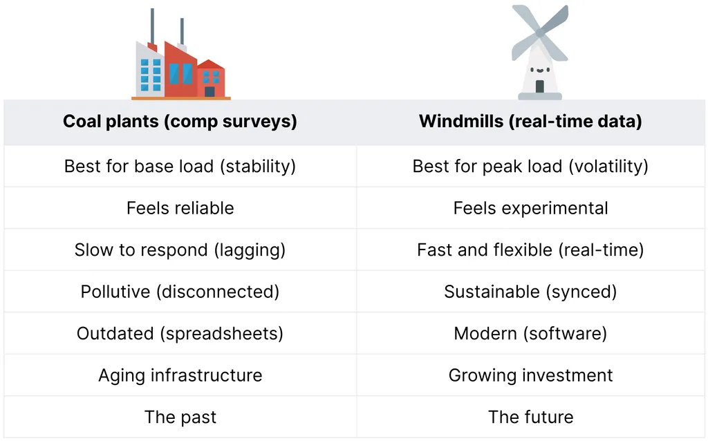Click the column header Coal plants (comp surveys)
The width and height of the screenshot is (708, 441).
tap(180, 122)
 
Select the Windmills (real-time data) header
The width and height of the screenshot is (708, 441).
tap(530, 122)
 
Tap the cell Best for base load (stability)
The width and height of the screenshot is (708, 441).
tap(180, 167)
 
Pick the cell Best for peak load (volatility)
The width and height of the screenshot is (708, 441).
tap(530, 167)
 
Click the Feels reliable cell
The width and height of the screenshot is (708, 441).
tap(180, 208)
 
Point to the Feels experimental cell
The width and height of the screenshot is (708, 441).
tap(530, 209)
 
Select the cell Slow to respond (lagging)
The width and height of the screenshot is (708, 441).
tap(180, 250)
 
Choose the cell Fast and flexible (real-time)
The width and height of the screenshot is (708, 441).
tap(530, 250)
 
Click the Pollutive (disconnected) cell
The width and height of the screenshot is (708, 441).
tap(180, 292)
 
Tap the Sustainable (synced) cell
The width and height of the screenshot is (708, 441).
tap(530, 292)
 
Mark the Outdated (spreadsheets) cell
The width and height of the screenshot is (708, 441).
tap(180, 334)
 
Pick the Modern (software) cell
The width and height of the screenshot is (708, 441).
tap(530, 334)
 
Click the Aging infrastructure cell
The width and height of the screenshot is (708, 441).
tap(180, 375)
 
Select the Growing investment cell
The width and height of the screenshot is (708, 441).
tap(530, 375)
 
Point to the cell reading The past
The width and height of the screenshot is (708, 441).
tap(180, 417)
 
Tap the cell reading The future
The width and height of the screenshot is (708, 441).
tap(530, 417)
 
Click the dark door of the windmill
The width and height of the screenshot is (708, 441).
tap(539, 86)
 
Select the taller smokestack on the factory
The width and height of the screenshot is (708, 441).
tap(152, 27)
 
